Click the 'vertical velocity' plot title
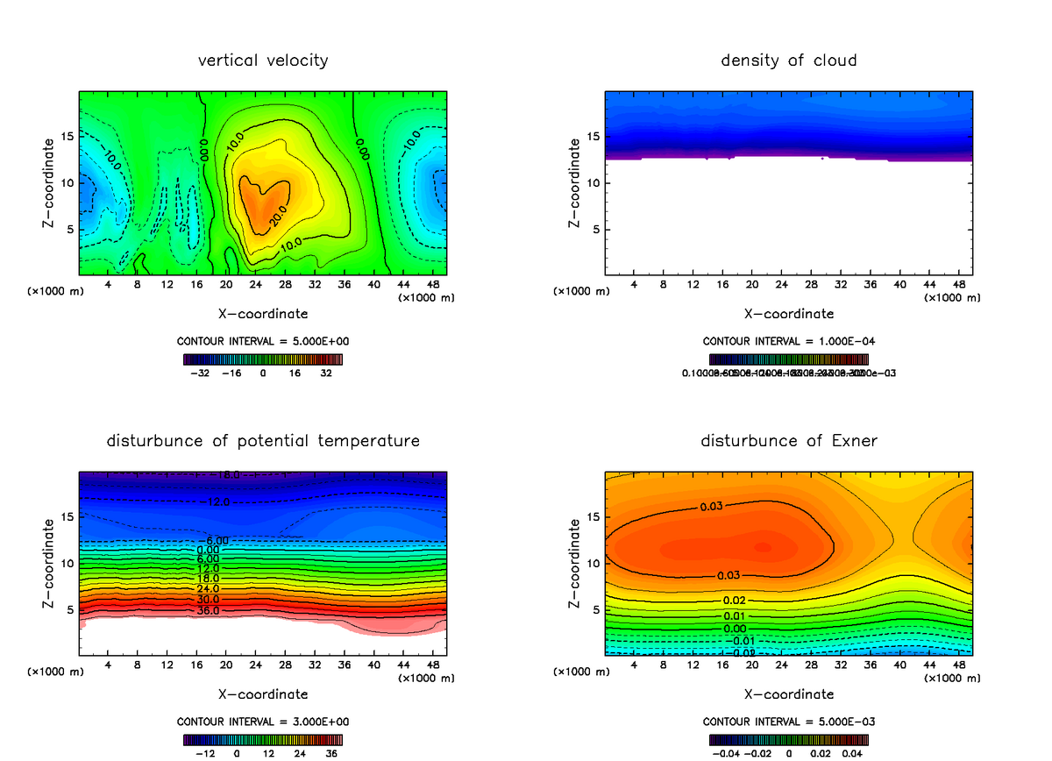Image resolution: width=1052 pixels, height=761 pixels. (263, 60)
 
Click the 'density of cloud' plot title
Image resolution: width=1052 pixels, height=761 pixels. (789, 60)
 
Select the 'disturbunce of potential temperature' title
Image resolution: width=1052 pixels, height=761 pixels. (263, 440)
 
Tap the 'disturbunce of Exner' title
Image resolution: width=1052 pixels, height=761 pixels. (789, 440)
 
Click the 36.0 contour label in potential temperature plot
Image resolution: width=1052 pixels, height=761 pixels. (208, 610)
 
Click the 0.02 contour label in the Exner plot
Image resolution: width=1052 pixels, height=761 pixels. (735, 600)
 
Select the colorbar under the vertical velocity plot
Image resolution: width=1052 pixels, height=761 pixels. (263, 359)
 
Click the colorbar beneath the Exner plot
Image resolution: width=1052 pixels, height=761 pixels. (789, 739)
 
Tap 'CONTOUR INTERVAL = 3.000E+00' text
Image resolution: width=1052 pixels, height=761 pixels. (263, 722)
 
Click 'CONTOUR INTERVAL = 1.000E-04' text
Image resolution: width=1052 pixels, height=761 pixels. (789, 341)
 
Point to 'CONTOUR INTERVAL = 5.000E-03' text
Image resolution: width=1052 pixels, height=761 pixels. (789, 722)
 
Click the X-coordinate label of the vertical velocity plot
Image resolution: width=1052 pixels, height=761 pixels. (263, 313)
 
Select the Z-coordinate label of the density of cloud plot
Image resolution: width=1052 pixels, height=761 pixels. (575, 184)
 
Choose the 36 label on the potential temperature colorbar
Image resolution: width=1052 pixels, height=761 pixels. (331, 753)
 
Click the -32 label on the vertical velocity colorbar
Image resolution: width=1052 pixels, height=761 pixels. (203, 373)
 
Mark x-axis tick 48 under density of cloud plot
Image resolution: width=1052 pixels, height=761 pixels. (958, 285)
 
